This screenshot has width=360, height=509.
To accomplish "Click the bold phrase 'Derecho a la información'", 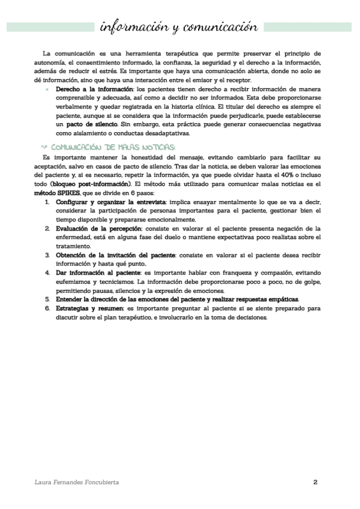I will tap(92, 88).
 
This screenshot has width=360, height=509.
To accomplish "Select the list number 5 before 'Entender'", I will tap(47, 298).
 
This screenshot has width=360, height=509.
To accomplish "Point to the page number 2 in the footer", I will tap(316, 482).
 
